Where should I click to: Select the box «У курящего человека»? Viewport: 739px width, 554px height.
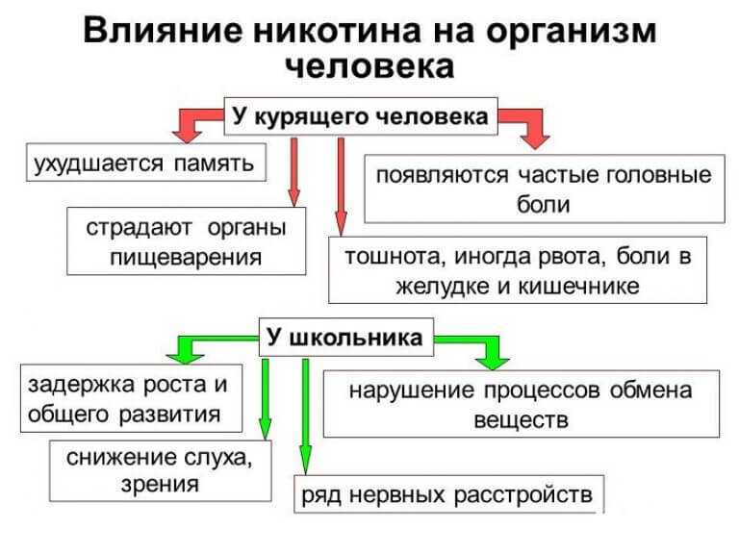(361, 116)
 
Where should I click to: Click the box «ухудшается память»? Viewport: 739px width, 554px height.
(146, 163)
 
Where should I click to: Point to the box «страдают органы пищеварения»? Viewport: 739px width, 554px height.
(186, 241)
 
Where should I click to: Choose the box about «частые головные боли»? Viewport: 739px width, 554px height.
(545, 189)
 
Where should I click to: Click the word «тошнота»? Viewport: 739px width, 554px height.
(395, 257)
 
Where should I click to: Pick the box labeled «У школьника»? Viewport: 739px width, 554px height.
(346, 338)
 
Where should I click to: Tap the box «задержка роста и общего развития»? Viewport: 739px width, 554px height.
(131, 398)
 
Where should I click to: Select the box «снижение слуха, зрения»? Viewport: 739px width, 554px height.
(161, 470)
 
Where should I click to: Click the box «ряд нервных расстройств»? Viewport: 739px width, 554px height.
(448, 494)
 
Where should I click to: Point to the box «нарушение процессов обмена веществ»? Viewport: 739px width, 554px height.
(522, 404)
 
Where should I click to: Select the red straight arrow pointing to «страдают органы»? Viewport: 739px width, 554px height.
(293, 172)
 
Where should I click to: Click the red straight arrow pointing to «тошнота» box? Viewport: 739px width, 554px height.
(341, 187)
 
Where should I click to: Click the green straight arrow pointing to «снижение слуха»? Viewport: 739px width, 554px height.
(266, 399)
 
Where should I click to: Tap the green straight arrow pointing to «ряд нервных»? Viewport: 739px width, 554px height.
(305, 416)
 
